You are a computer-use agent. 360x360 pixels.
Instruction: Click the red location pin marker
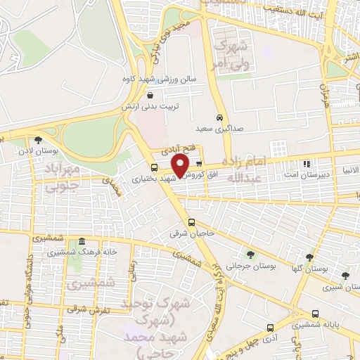[x=180, y=165]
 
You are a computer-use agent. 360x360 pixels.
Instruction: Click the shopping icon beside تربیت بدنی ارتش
[x=150, y=95]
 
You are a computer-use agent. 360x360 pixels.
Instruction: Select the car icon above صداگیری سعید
[x=220, y=117]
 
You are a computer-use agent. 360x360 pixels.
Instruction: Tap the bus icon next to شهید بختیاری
[x=155, y=167]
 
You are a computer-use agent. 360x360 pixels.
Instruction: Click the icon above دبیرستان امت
[x=306, y=165]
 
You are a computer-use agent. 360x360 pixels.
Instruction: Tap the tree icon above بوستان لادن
[x=38, y=139]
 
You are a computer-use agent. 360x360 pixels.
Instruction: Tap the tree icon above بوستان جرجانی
[x=251, y=254]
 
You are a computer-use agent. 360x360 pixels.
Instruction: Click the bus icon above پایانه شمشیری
[x=314, y=314]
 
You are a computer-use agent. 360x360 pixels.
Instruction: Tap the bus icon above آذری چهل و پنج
[x=271, y=328]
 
